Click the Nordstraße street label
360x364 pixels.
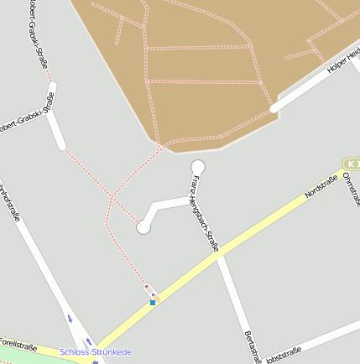tap(321, 186)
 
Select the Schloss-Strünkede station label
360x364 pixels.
tap(96, 352)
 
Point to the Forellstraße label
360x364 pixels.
tap(18, 346)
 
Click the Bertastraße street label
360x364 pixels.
tap(251, 347)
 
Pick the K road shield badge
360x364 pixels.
tap(351, 164)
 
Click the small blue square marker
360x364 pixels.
tap(153, 302)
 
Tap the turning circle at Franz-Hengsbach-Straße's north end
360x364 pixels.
tap(198, 166)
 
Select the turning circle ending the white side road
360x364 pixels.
tap(143, 226)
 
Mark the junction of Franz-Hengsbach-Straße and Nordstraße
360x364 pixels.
tap(217, 256)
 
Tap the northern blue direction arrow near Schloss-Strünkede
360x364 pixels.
tap(70, 318)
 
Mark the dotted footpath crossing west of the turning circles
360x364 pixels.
tap(112, 197)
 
